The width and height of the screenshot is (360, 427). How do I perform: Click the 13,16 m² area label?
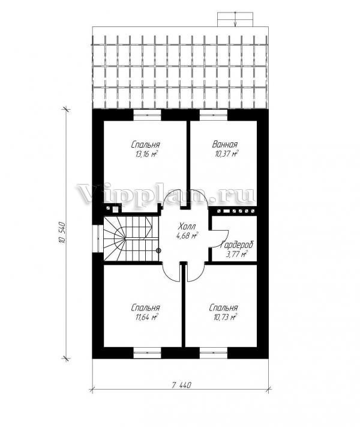pos(146,154)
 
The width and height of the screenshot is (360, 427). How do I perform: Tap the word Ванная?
pos(225,144)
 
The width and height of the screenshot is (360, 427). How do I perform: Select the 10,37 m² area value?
pos(227,154)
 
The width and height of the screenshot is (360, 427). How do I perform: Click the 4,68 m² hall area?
pos(187,235)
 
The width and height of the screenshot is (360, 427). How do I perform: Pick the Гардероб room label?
pos(237,245)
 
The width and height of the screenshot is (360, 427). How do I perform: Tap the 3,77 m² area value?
pos(236,255)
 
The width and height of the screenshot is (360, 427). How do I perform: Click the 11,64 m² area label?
pos(146,318)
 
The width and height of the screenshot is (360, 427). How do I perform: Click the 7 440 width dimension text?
pos(181,385)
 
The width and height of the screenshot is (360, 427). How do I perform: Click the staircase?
pos(131,239)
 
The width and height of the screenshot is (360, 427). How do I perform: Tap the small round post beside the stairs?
pos(158,250)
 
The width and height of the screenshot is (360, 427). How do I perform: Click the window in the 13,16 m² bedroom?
pos(147,115)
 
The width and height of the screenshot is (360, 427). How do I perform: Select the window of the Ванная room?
pos(214,115)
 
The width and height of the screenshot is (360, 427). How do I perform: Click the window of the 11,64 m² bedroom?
pos(147,353)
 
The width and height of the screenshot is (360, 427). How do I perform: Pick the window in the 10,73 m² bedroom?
pos(214,353)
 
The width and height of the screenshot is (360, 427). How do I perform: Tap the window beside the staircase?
pos(97,238)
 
